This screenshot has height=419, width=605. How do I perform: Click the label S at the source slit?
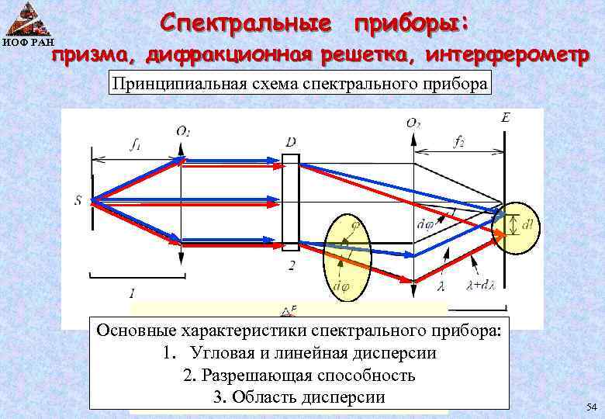pyautogui.click(x=78, y=201)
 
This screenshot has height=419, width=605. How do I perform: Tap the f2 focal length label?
pyautogui.click(x=461, y=142)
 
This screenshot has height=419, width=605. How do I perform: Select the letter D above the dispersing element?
pyautogui.click(x=290, y=142)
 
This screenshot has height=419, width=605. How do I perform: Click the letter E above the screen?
pyautogui.click(x=506, y=119)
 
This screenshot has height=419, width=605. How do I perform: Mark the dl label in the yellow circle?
pyautogui.click(x=527, y=226)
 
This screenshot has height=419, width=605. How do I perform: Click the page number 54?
pyautogui.click(x=591, y=407)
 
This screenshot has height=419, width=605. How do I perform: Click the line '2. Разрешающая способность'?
pyautogui.click(x=299, y=376)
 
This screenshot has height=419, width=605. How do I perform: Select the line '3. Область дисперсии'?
pyautogui.click(x=299, y=397)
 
